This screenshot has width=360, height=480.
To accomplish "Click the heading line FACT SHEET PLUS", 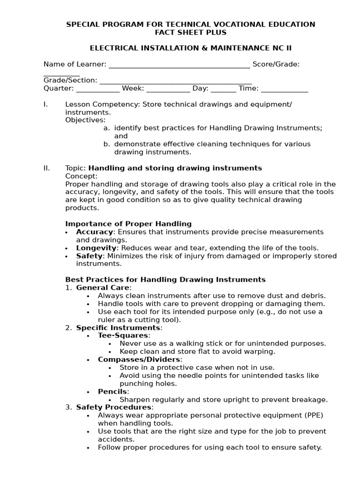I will tap(191, 32).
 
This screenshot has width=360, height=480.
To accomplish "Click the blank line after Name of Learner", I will tap(179, 65).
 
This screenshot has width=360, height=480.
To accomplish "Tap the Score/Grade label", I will tap(276, 64).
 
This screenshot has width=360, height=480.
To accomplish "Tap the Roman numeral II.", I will tap(47, 168).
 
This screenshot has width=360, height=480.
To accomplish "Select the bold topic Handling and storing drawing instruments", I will tap(175, 168).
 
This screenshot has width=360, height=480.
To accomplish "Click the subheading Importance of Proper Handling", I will tap(128, 224).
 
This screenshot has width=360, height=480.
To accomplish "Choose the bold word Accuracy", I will tap(94, 232).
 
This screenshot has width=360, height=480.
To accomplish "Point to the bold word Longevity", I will tap(96, 248).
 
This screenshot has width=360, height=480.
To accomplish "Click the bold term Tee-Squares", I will tap(123, 336).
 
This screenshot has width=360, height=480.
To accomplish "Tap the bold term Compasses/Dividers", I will tap(139, 360).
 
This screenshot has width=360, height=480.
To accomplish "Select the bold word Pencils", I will tap(112, 391).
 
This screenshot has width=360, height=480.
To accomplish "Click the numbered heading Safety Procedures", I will tap(113, 407).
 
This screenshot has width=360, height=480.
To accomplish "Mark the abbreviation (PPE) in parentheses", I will tap(313, 415).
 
